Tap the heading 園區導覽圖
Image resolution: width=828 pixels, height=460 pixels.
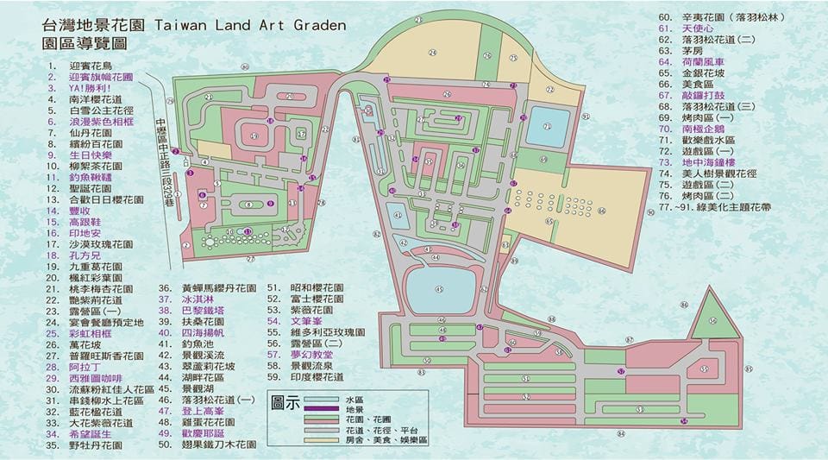point(79,42)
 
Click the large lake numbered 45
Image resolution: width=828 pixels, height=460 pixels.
point(440,290)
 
